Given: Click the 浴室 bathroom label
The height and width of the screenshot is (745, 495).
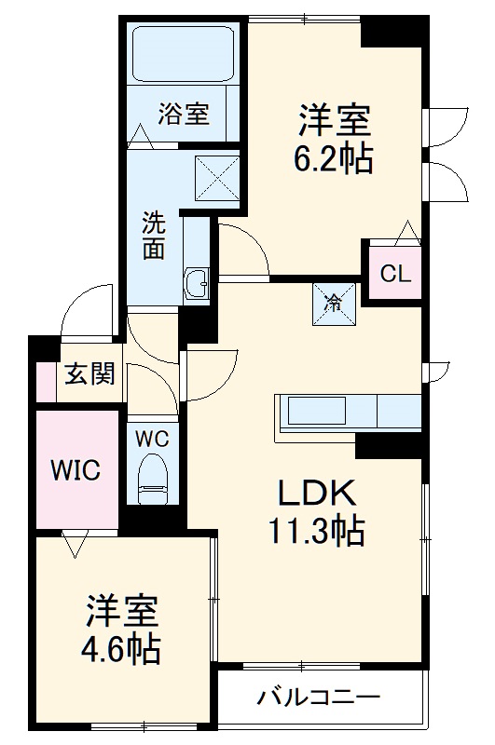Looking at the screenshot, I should [x=183, y=115].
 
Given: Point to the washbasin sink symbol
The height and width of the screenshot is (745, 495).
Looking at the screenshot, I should [x=197, y=283].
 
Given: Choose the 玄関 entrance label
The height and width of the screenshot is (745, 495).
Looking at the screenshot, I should [x=89, y=374].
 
